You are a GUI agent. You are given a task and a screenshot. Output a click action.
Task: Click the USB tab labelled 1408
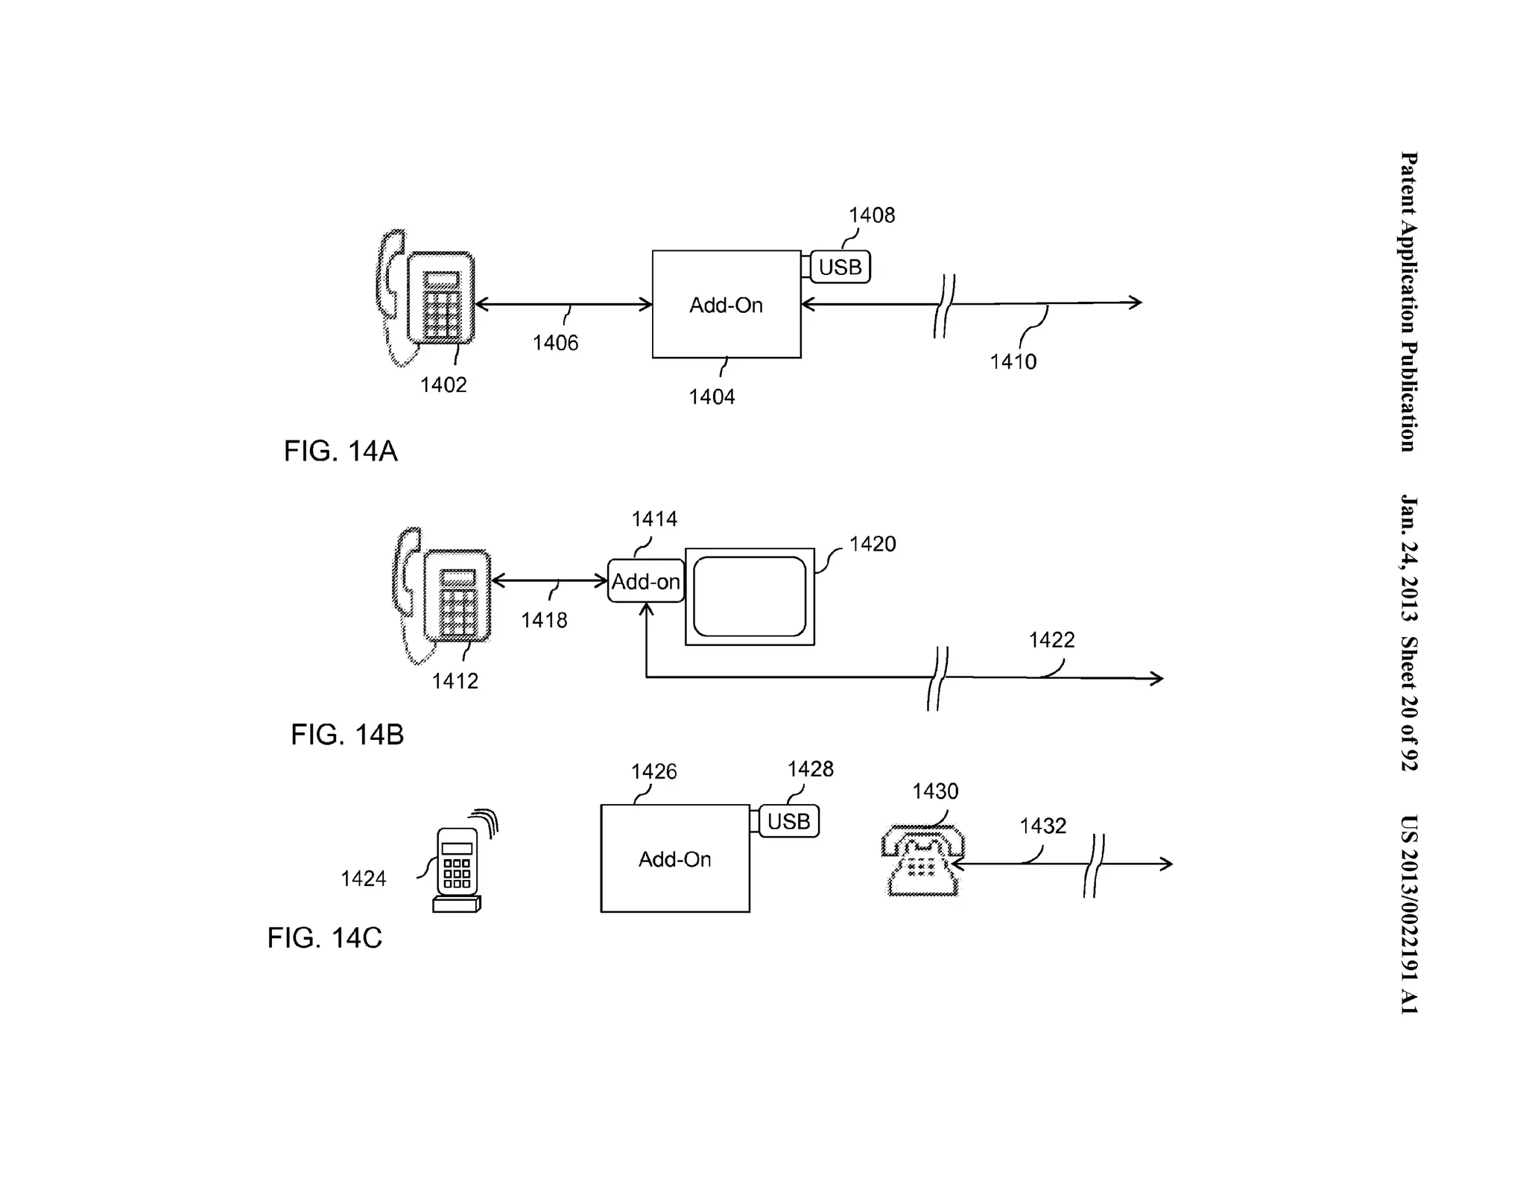(840, 267)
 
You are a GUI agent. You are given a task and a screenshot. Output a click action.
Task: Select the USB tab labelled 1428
(788, 821)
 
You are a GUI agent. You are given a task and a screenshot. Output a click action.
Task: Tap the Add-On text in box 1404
(726, 306)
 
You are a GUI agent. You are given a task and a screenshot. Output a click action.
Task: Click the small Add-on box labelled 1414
(645, 581)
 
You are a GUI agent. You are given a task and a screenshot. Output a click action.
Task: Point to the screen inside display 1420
(750, 596)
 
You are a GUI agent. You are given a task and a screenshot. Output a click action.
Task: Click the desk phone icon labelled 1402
(427, 298)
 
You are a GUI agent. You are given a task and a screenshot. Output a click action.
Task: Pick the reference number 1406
(555, 343)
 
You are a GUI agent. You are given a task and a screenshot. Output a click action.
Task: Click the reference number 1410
(1013, 362)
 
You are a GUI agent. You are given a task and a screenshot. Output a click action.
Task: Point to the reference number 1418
(544, 620)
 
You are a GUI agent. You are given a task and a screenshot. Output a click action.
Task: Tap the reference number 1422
(1051, 640)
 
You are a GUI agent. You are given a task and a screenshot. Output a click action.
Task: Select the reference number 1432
(1042, 826)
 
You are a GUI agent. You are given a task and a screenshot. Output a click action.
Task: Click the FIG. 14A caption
(341, 452)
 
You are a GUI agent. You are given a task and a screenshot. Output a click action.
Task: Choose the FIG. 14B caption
(347, 735)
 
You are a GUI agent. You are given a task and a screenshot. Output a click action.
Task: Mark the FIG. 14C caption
(325, 937)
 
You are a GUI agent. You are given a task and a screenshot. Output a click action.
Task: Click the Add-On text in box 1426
(674, 859)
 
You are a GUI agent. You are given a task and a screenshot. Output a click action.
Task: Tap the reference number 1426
(653, 771)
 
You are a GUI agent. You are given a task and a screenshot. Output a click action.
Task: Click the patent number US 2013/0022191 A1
(1408, 914)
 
